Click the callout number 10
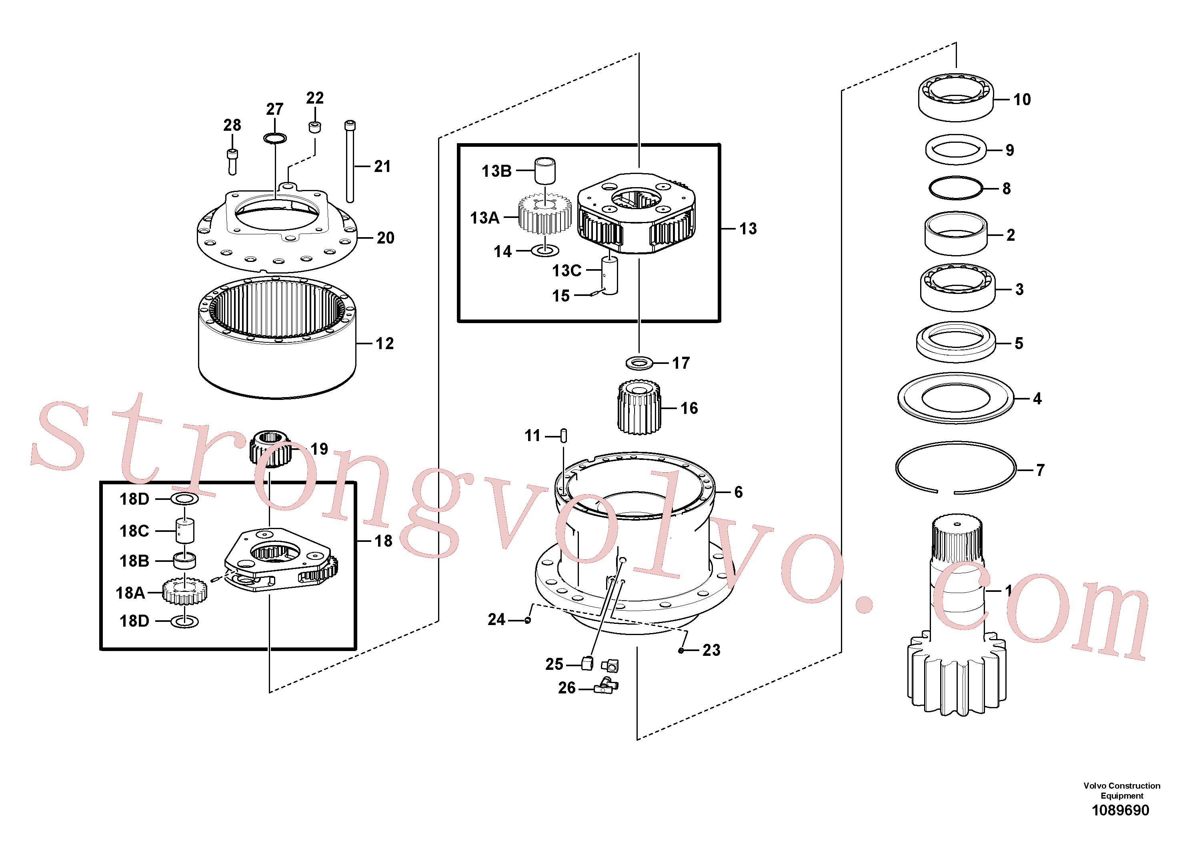pos(1022,100)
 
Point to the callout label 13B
pos(496,171)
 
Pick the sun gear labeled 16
pos(639,407)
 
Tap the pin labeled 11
pos(564,435)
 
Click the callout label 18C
pos(134,531)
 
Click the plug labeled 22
pos(315,127)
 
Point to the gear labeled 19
pos(271,449)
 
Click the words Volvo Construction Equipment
pos(1121,791)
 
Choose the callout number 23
pos(711,650)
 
